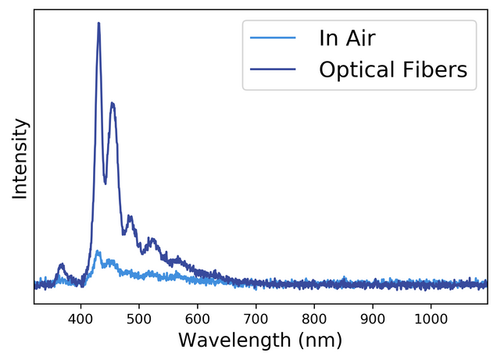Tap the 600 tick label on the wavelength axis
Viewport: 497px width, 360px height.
coord(198,319)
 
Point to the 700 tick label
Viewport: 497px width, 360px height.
coord(256,319)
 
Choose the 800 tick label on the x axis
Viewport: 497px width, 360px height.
coord(314,319)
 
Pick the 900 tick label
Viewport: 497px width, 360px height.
coord(373,319)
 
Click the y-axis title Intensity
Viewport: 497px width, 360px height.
coord(20,159)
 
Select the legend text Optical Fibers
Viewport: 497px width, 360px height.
coord(392,70)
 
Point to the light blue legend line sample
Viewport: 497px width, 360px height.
coord(273,37)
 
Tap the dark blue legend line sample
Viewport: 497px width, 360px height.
coord(273,70)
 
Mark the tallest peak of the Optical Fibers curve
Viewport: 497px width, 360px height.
coord(98,23)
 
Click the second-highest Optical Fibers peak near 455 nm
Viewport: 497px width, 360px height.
coord(113,103)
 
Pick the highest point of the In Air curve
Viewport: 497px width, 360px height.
coord(98,251)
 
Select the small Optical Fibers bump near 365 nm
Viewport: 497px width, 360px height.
coord(61,266)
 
